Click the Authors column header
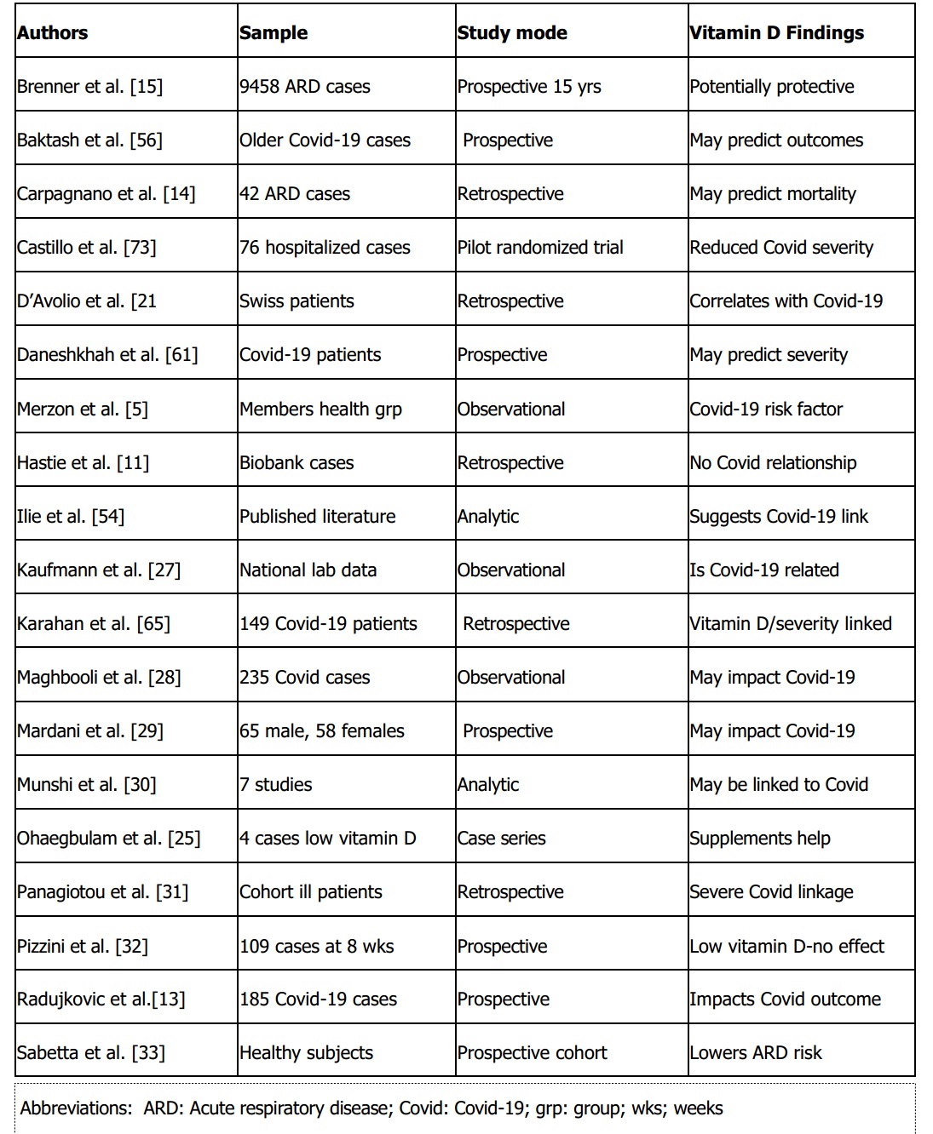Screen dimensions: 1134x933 click(x=53, y=33)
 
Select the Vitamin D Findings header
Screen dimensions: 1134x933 click(x=776, y=33)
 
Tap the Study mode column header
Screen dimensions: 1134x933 click(x=512, y=33)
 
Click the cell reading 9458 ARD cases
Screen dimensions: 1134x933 click(x=304, y=87)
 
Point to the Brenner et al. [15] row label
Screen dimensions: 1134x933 click(x=89, y=87)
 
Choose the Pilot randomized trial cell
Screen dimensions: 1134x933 click(x=540, y=248)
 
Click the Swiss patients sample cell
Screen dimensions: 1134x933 click(x=297, y=301)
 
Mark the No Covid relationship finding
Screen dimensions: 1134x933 click(x=773, y=463)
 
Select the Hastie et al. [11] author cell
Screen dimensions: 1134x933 click(x=83, y=463)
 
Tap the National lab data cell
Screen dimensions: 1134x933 click(x=308, y=570)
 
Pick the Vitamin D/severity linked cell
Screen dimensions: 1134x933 click(x=790, y=624)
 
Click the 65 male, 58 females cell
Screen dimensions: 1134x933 click(x=321, y=731)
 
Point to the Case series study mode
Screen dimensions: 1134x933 click(x=501, y=839)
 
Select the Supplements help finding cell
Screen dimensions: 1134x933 click(x=759, y=839)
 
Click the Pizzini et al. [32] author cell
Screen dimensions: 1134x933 click(x=82, y=946)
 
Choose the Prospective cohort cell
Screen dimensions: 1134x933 click(x=532, y=1053)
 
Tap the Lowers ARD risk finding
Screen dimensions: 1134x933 click(x=755, y=1053)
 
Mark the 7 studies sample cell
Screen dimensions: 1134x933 click(x=275, y=785)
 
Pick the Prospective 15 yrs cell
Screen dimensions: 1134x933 click(x=528, y=87)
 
